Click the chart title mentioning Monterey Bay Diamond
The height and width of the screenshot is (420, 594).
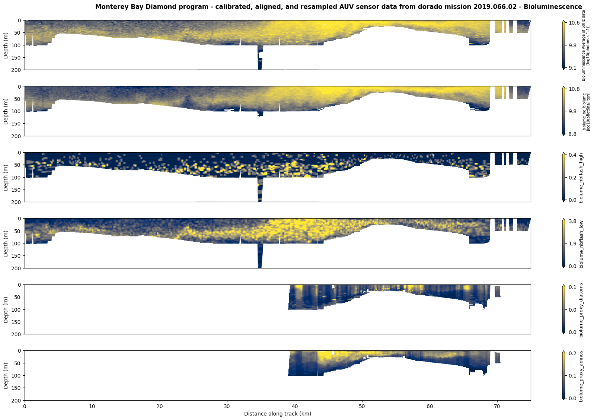pyautogui.click(x=338, y=7)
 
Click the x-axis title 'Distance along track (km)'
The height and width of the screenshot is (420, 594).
pyautogui.click(x=277, y=414)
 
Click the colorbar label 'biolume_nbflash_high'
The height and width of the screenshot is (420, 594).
pyautogui.click(x=581, y=177)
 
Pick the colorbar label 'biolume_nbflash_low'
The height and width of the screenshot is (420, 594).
pyautogui.click(x=581, y=244)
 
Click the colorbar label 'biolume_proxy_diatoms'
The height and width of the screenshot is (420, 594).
pyautogui.click(x=581, y=310)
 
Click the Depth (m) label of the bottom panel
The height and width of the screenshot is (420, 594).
pyautogui.click(x=6, y=375)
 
